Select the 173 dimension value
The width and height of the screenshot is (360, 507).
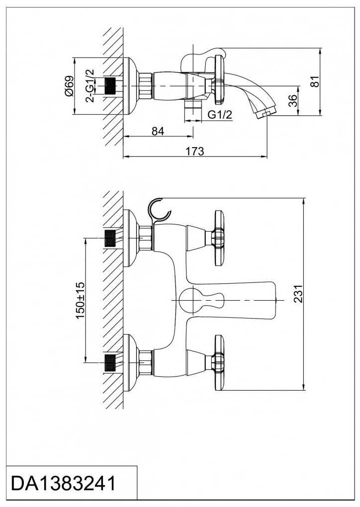tap(195, 151)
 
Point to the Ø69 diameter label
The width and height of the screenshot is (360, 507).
tap(69, 86)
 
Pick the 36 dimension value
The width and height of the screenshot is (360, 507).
tap(292, 100)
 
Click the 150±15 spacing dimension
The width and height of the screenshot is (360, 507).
tap(80, 300)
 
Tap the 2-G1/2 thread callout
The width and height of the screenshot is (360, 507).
tap(90, 86)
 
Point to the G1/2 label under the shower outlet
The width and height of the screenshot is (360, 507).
tap(220, 114)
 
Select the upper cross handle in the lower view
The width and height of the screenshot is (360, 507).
tap(218, 238)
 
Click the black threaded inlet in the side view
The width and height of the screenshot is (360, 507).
tap(110, 86)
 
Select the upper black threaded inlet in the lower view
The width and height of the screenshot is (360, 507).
tap(110, 238)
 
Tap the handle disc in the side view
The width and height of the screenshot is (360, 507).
tap(219, 80)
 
